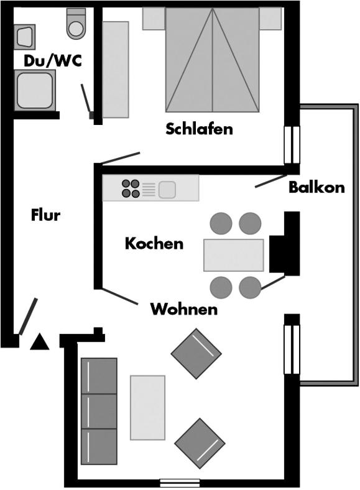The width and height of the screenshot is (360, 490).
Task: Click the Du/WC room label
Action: [x=52, y=61]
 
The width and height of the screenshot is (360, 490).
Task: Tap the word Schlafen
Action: [x=199, y=129]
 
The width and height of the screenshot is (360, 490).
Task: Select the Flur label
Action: [x=45, y=215]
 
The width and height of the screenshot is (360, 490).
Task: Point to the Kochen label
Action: [x=154, y=243]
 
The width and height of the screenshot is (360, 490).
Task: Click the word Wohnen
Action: [x=184, y=310]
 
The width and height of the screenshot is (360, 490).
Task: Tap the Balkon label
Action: [x=316, y=187]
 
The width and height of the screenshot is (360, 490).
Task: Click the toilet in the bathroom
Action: [x=76, y=24]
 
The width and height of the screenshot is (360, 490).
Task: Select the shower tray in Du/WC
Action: [x=35, y=90]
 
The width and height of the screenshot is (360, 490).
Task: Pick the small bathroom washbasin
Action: [x=24, y=36]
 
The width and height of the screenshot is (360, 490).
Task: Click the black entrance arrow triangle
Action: [x=40, y=342]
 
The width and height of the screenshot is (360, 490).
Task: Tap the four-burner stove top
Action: [x=131, y=188]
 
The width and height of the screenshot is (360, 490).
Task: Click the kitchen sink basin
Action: [x=167, y=190]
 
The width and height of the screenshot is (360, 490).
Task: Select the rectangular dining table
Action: [x=233, y=255]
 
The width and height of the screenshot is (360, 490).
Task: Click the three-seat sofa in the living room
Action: [x=99, y=411]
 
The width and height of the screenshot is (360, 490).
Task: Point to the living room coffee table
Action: [x=147, y=407]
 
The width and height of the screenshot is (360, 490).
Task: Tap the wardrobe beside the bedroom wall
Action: [x=115, y=70]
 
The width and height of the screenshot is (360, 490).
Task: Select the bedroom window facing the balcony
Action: [x=292, y=145]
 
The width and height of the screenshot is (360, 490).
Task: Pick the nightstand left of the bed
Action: [x=154, y=19]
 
